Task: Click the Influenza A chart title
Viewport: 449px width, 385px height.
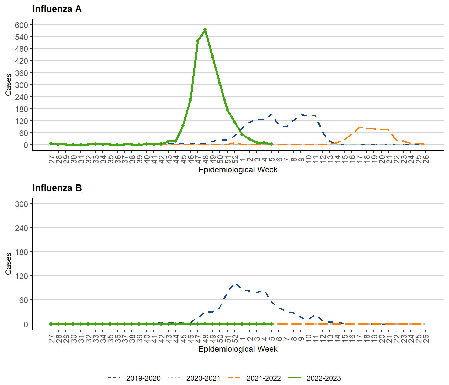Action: pos(57,9)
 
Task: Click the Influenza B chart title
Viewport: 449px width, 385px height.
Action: pos(57,188)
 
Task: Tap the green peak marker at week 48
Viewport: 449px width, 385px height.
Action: pos(205,30)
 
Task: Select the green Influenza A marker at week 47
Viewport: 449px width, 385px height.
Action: pos(198,41)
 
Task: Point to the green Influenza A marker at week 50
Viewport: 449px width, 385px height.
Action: pos(220,83)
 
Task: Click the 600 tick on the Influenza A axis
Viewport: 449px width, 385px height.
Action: pos(21,25)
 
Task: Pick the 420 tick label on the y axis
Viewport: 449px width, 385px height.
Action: pos(21,61)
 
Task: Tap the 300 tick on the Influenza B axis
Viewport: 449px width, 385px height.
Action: pos(21,204)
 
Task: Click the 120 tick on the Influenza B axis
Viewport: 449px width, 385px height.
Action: pos(21,276)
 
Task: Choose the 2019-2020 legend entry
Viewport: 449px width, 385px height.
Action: pos(143,378)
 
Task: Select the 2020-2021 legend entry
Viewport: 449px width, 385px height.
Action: pos(203,378)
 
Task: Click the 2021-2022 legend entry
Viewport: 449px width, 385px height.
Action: pos(263,378)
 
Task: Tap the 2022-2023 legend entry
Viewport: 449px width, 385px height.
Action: pos(323,378)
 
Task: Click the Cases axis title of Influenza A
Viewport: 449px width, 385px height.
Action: pos(8,85)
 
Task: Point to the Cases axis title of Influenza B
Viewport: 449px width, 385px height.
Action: pos(8,264)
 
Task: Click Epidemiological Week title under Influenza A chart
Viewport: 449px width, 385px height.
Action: pos(238,170)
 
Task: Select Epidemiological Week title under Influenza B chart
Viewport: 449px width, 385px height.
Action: pos(238,349)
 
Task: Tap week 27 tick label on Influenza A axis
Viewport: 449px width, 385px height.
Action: pos(51,159)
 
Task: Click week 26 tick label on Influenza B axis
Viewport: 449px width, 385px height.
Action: pos(425,339)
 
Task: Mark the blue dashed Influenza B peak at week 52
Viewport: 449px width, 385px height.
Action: pos(236,284)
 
